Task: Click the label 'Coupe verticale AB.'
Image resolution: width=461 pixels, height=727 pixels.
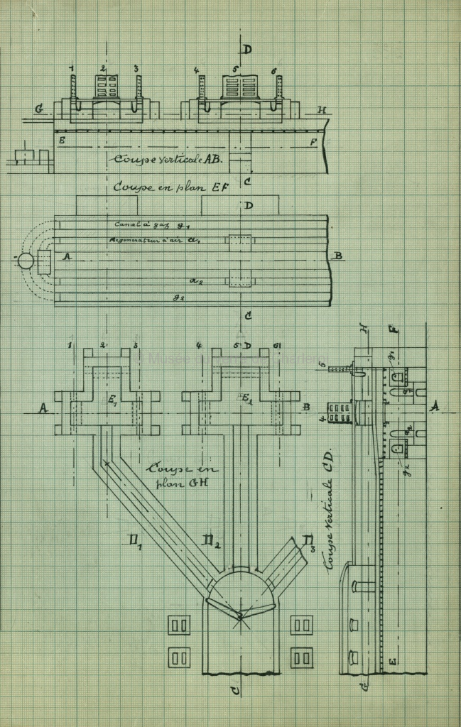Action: point(168,159)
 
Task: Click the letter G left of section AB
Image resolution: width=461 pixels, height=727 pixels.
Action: point(39,109)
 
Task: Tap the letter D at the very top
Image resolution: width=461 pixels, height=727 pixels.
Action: point(246,49)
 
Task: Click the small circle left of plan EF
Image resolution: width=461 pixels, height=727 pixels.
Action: point(26,261)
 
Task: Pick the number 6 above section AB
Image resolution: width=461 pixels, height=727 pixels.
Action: point(273,71)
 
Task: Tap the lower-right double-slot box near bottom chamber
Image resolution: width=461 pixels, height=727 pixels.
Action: point(301,657)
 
